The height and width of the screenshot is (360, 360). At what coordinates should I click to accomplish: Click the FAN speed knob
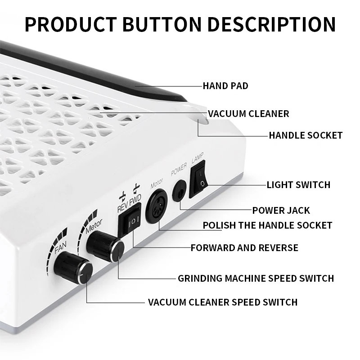pos(73,268)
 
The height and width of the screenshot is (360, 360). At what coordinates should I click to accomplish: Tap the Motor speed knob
pos(105,246)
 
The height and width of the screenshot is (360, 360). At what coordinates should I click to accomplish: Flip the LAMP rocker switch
pos(198,179)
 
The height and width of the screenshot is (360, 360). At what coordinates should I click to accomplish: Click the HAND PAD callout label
pos(225,86)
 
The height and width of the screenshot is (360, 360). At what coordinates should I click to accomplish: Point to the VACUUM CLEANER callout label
pos(248,114)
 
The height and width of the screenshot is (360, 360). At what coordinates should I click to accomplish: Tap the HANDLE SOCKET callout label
pos(306,135)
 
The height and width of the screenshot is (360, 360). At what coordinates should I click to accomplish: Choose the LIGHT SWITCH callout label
pos(298,184)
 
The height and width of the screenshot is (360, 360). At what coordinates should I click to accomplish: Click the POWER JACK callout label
pos(281,210)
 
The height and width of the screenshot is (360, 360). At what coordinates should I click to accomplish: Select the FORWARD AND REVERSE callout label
pos(244,248)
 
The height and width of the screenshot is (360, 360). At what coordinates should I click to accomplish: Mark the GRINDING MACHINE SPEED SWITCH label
pos(256,278)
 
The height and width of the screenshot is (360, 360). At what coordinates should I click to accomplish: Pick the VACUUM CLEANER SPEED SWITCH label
pos(223,302)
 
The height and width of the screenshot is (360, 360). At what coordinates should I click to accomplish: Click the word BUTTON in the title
pos(162,24)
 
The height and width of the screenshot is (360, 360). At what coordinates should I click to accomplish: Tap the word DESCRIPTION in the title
pos(271,24)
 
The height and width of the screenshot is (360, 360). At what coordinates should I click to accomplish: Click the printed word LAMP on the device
pos(198,158)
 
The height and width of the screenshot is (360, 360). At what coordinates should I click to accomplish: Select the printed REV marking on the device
pos(122,207)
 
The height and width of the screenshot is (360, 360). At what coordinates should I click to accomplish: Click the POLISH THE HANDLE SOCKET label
pos(267,225)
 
